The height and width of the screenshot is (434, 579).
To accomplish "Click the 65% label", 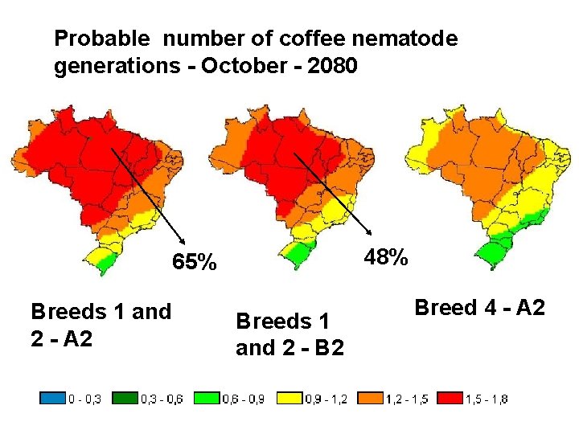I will pyautogui.click(x=194, y=263).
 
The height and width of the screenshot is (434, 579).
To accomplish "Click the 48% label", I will pyautogui.click(x=386, y=258).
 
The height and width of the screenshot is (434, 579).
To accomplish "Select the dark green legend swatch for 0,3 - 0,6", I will pyautogui.click(x=124, y=398).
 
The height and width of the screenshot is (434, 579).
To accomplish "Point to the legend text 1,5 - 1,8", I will pyautogui.click(x=487, y=398).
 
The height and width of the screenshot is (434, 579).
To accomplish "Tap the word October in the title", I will pyautogui.click(x=241, y=65).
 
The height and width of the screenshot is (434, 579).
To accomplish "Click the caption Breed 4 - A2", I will pyautogui.click(x=479, y=307).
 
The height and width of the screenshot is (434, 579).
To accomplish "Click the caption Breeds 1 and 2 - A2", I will pyautogui.click(x=101, y=324).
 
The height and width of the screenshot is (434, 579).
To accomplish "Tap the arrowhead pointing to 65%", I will pyautogui.click(x=185, y=243).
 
